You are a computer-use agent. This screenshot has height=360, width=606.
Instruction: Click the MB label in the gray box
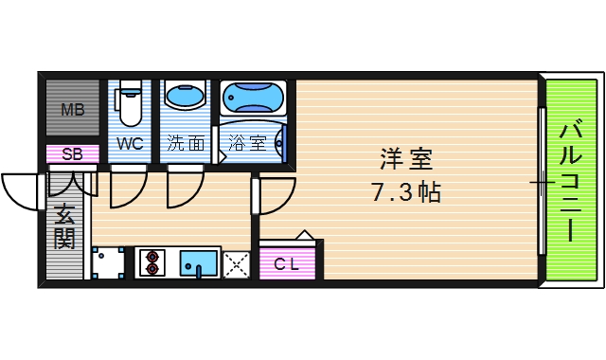[x=73, y=110]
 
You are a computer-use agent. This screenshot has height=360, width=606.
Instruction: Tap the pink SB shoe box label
[x=72, y=154]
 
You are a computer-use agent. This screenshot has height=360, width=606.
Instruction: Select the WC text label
[x=131, y=144]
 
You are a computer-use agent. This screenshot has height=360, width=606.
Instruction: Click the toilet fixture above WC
[x=130, y=102]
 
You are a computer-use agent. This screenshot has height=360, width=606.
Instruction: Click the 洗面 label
[x=186, y=144]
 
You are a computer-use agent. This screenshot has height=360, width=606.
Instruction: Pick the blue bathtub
[x=253, y=98]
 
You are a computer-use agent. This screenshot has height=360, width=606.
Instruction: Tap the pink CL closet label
[x=287, y=263]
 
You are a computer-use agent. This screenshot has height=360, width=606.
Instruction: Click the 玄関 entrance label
[x=63, y=225]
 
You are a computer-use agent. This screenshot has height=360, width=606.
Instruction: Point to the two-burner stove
[x=152, y=261]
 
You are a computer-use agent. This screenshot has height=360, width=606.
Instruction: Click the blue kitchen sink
[x=198, y=261]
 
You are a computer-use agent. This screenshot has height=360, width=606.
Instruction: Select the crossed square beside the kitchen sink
[x=236, y=262]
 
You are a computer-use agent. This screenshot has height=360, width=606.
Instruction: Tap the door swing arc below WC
[x=126, y=189]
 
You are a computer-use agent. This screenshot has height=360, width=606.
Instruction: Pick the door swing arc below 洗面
[x=183, y=189]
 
